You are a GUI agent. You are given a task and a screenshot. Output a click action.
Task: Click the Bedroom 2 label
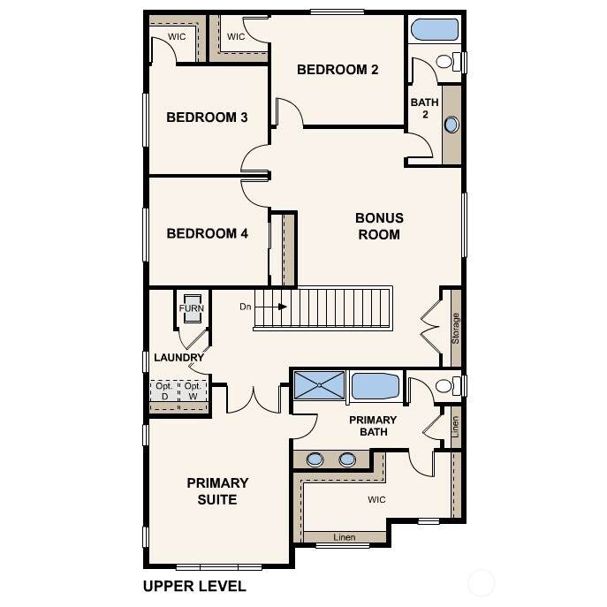tap(338, 70)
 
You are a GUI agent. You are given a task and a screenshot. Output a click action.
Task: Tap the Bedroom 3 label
tap(207, 118)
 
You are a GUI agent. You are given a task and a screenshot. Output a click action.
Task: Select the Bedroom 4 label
tap(207, 233)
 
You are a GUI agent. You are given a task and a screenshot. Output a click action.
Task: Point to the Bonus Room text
tap(379, 226)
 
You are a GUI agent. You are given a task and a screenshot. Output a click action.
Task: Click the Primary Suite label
tap(217, 491)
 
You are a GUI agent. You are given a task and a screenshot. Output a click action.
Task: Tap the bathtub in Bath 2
tap(435, 29)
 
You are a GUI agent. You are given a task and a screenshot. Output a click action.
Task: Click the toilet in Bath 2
tap(449, 62)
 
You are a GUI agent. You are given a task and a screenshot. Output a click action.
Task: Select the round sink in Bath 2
tap(451, 125)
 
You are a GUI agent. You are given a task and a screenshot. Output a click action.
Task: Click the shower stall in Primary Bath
tap(319, 385)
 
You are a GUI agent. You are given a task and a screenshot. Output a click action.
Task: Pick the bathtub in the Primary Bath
tap(375, 385)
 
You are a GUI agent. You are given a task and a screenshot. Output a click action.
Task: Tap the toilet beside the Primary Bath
tap(448, 386)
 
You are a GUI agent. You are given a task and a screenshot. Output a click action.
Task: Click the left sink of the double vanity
tap(315, 460)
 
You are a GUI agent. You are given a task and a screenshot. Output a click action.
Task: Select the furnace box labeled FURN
tap(192, 308)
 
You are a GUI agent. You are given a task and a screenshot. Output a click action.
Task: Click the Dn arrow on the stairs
tap(271, 307)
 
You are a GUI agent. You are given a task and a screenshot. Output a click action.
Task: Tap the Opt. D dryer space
tap(164, 391)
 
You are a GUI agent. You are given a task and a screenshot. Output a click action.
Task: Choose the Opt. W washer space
tap(193, 391)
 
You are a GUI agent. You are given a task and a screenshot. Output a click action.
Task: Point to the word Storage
tap(456, 329)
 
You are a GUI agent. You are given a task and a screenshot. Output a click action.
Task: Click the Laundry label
tap(178, 358)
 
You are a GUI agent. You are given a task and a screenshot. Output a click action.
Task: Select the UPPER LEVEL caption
tap(194, 586)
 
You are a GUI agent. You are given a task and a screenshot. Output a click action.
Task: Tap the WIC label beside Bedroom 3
tap(177, 37)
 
